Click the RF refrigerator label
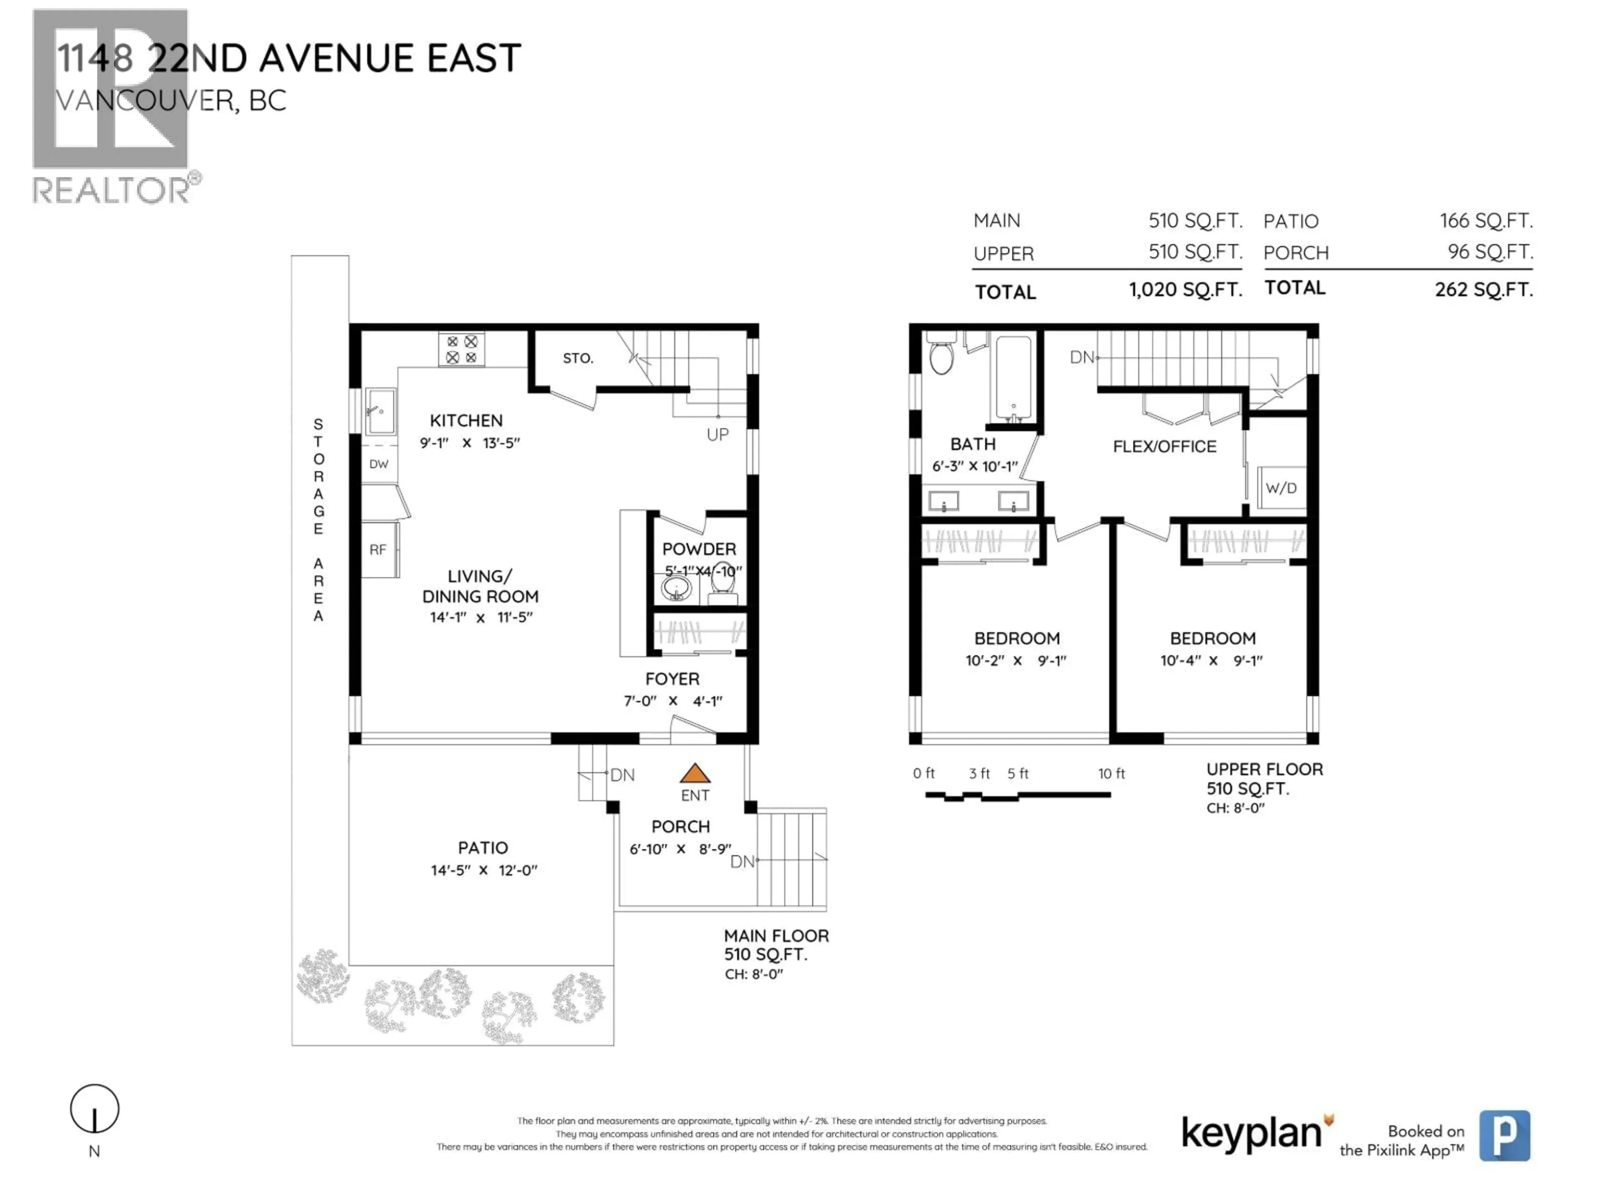377,550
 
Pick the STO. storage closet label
578,358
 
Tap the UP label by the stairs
717,435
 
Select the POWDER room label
699,549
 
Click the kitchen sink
380,411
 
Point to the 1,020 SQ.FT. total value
1185,290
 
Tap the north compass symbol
95,1109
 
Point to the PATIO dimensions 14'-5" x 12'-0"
484,870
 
